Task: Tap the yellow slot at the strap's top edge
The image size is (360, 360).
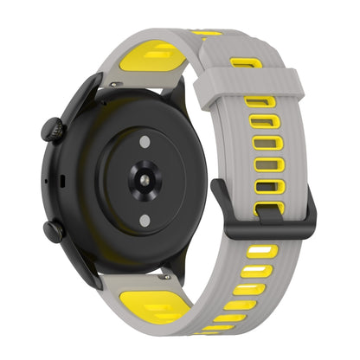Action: (208, 34)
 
